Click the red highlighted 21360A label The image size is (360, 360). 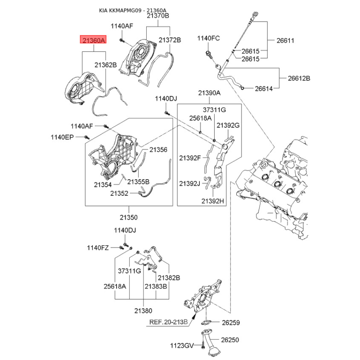click(x=93, y=40)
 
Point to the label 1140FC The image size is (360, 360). click(x=208, y=39)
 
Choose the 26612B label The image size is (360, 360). click(x=299, y=78)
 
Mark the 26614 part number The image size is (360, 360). click(x=264, y=89)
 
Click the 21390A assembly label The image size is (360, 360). click(x=209, y=93)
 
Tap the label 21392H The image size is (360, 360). click(x=212, y=201)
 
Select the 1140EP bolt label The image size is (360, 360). click(x=62, y=137)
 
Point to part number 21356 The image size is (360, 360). click(x=158, y=149)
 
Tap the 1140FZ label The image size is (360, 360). click(x=99, y=247)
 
